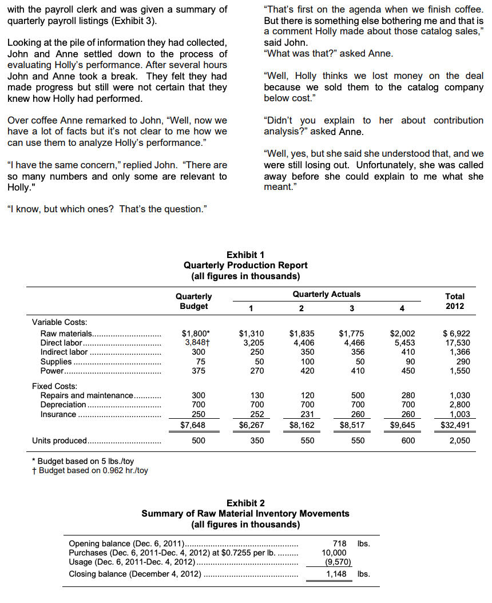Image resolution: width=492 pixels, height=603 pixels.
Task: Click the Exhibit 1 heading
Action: click(245, 255)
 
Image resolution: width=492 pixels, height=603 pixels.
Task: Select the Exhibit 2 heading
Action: click(245, 503)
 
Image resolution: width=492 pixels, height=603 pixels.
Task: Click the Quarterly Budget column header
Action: click(193, 301)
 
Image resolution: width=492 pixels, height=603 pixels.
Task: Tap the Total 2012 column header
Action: click(455, 301)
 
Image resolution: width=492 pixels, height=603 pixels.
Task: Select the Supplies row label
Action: click(57, 362)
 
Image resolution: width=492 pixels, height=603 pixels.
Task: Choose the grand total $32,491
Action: click(454, 425)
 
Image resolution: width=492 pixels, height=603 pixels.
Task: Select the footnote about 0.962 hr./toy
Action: click(90, 470)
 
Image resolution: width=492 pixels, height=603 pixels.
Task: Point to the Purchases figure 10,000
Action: click(334, 553)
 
